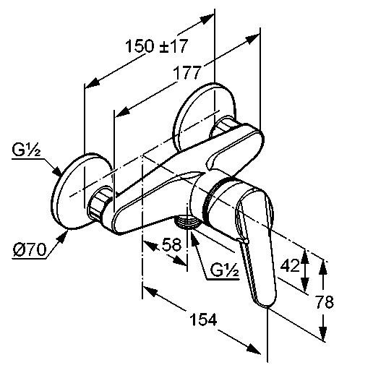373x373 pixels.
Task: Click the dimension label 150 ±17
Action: [x=156, y=46]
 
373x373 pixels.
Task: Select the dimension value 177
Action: [x=187, y=72]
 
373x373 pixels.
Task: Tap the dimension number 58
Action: [x=171, y=244]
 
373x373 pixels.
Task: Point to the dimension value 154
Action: [x=204, y=320]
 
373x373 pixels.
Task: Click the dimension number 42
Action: [x=290, y=265]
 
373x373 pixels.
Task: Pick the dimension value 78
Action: [x=325, y=301]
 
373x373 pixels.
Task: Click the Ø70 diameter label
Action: [x=30, y=249]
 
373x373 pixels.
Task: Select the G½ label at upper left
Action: [x=26, y=150]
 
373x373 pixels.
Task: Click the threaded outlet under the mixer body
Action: [x=187, y=221]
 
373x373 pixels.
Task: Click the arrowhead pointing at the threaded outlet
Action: [x=194, y=238]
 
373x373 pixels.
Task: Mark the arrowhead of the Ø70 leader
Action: [x=62, y=236]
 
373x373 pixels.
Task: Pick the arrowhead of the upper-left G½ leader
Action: [x=57, y=171]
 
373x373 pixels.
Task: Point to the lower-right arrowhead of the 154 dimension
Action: [x=252, y=349]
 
